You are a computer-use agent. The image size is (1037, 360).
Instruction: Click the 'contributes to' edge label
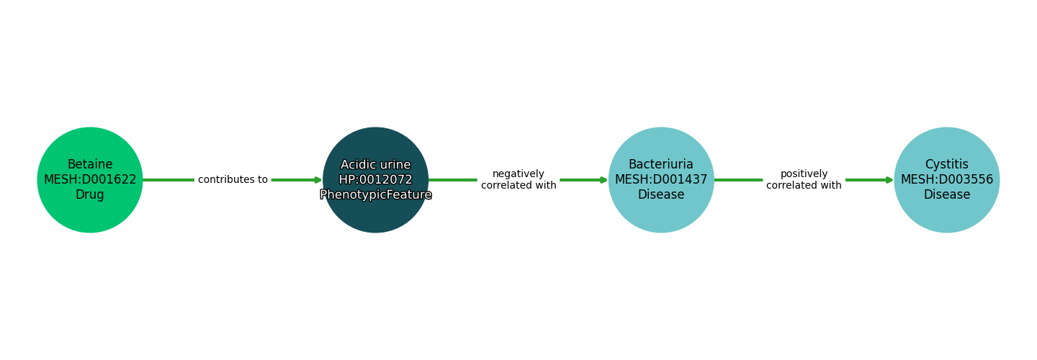[233, 180]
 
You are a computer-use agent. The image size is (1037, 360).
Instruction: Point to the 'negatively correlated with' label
[518, 180]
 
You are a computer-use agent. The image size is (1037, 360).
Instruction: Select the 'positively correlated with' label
[804, 180]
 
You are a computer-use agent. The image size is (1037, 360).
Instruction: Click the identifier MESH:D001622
[90, 180]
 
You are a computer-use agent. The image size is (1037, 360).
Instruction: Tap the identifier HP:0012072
[375, 180]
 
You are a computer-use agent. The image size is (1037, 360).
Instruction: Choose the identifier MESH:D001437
[661, 180]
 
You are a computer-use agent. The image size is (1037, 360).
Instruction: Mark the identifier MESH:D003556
[946, 180]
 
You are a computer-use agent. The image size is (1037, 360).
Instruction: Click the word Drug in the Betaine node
[90, 195]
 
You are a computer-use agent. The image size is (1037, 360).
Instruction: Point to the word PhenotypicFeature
[375, 195]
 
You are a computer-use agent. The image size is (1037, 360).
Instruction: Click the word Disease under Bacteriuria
[661, 195]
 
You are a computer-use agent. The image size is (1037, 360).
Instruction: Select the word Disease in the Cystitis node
[946, 195]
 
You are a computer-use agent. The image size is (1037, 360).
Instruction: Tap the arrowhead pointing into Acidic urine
[318, 180]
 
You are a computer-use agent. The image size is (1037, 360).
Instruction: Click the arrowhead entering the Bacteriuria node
[603, 180]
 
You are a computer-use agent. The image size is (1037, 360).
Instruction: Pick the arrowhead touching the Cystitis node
[889, 180]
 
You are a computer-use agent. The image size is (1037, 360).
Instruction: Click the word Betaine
[90, 165]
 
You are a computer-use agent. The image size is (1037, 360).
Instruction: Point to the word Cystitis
[946, 165]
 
